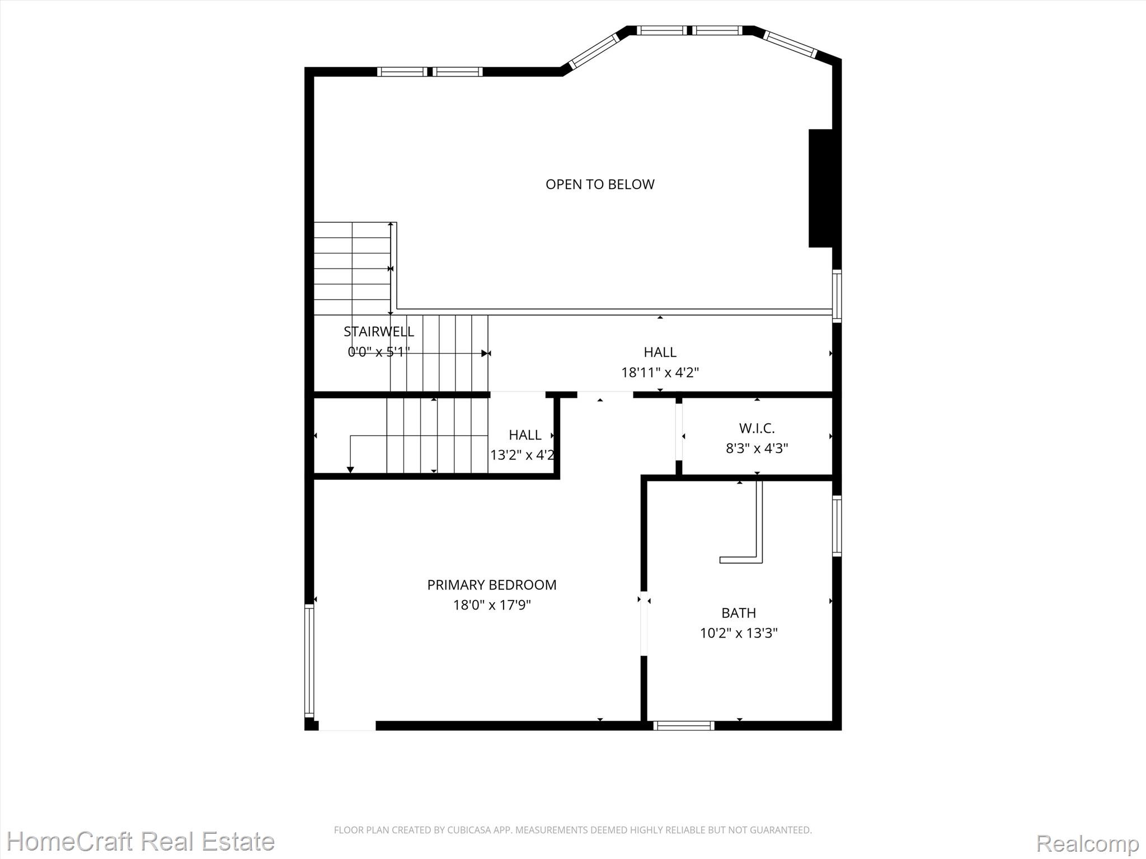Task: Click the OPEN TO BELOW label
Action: [x=600, y=184]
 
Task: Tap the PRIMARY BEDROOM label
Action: [x=492, y=584]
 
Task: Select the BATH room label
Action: [x=739, y=613]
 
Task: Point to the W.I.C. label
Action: [x=757, y=428]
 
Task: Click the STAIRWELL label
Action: [x=379, y=331]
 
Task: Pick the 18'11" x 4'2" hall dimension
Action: [x=660, y=372]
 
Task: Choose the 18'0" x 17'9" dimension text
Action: [x=492, y=605]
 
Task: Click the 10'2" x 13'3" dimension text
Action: [x=739, y=633]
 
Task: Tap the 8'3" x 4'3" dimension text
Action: [x=757, y=449]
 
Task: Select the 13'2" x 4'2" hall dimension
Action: [x=523, y=455]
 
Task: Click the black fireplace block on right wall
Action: [x=821, y=188]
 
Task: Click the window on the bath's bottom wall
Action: [x=684, y=726]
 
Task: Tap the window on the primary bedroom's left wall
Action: [x=309, y=660]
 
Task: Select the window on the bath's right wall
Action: [x=837, y=526]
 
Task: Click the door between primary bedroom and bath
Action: [x=644, y=624]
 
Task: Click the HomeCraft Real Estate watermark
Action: [x=140, y=841]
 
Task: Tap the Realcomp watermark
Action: [x=1087, y=843]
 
